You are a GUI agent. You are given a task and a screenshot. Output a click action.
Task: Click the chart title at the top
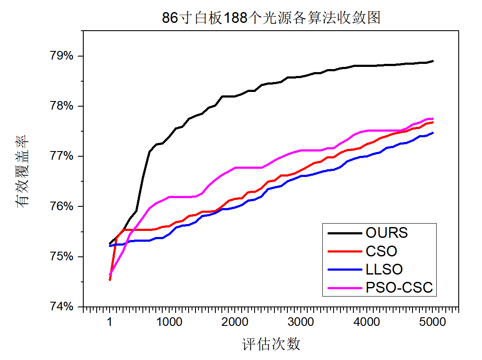(271, 18)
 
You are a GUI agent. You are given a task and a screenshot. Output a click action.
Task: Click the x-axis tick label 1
(110, 322)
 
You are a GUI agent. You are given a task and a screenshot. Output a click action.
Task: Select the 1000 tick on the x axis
(169, 322)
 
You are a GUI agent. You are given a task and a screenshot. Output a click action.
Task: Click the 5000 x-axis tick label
(433, 322)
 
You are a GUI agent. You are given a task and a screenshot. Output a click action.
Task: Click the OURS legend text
(387, 233)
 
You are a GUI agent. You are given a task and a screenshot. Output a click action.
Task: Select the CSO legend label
(381, 251)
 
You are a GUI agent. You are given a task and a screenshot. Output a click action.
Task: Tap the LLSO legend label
(384, 269)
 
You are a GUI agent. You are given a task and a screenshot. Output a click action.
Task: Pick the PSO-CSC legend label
(399, 287)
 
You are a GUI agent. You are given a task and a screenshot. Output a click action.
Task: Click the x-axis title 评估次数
(271, 344)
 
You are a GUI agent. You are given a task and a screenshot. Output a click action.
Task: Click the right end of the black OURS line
(433, 61)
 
